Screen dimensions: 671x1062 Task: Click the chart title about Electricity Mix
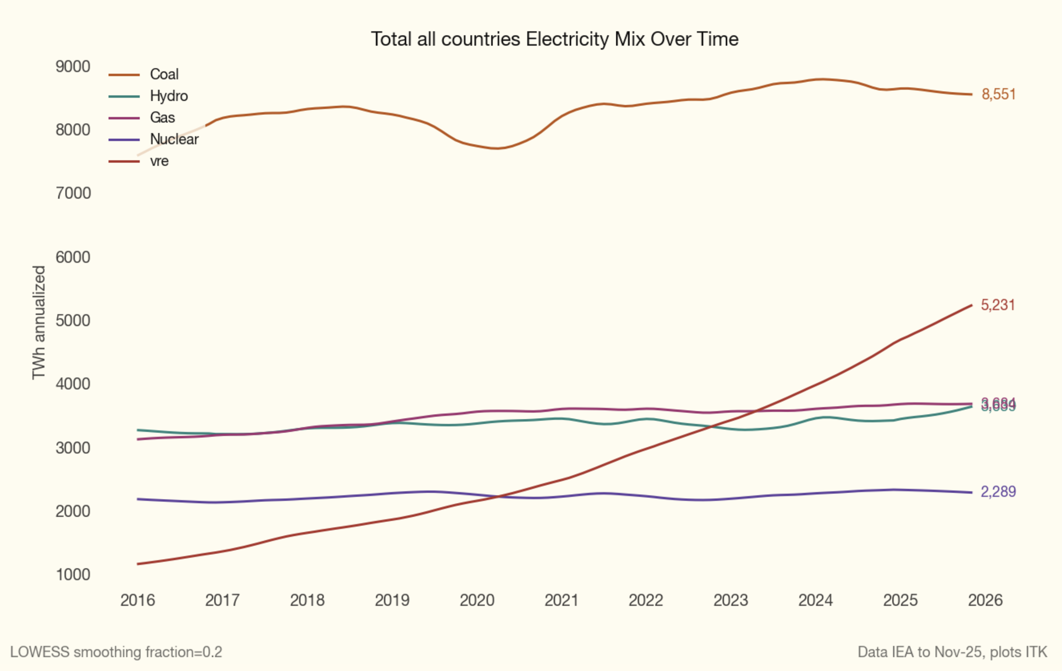tap(554, 39)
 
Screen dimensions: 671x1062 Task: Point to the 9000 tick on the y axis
tap(73, 67)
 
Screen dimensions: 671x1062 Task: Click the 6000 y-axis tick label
tap(73, 257)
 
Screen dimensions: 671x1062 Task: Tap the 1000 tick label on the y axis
tap(73, 574)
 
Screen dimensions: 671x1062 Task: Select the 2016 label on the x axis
tap(138, 601)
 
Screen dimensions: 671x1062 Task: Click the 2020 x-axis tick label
tap(477, 601)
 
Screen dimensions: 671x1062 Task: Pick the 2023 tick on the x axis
tap(731, 601)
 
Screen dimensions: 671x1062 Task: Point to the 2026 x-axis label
tap(985, 601)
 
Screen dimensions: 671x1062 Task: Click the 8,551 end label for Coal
tap(999, 94)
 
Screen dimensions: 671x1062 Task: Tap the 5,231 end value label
tap(997, 305)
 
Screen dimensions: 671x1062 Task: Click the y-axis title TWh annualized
tap(39, 322)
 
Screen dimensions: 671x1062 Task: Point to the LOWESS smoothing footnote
tap(116, 652)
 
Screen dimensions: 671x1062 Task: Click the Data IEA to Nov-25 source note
tap(952, 652)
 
